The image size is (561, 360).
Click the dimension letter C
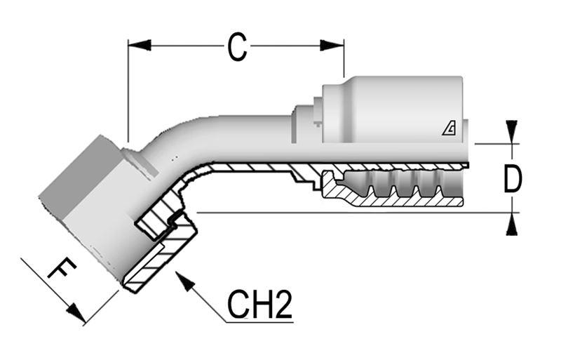(x=237, y=48)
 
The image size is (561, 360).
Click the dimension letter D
(x=513, y=179)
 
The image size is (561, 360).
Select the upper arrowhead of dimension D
(x=512, y=131)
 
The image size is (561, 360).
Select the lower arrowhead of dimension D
(x=512, y=224)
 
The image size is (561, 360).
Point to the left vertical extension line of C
(x=128, y=91)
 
